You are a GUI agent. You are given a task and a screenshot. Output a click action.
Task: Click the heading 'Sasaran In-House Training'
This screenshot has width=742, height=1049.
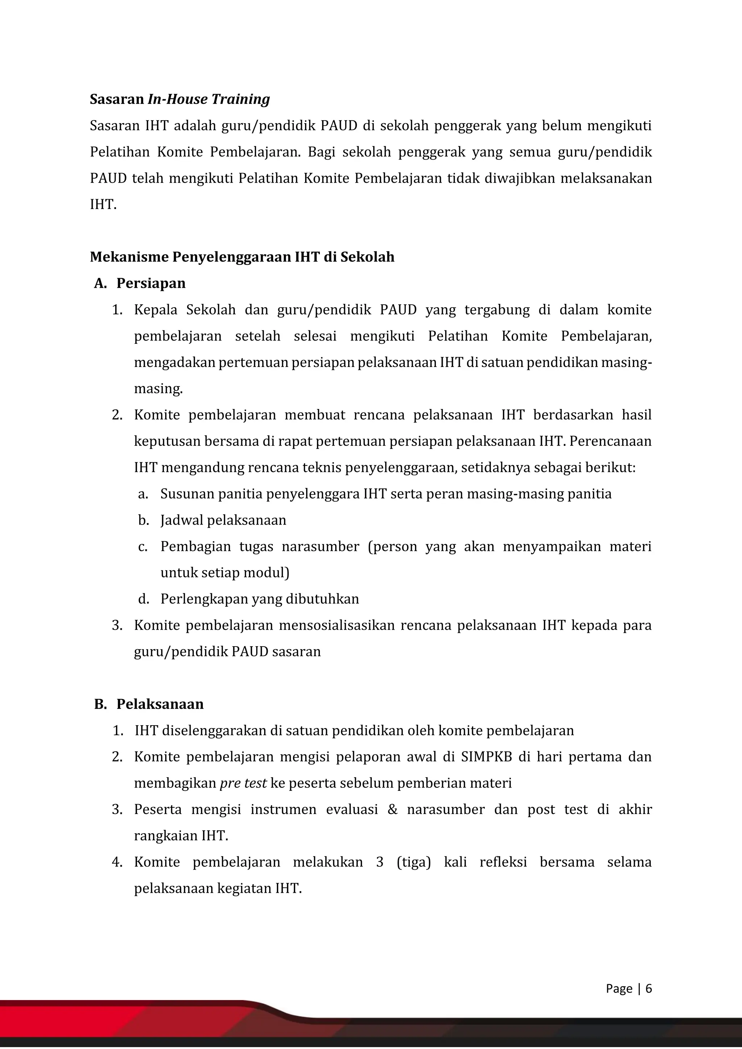[180, 99]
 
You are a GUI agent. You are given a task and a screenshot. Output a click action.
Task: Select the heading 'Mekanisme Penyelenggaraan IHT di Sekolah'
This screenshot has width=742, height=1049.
[242, 257]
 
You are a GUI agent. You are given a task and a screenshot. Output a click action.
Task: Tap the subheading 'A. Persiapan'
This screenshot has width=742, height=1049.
[140, 283]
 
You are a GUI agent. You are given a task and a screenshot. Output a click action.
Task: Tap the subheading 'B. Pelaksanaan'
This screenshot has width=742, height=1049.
[149, 704]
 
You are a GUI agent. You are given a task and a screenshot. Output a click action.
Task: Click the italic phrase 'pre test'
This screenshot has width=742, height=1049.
[243, 783]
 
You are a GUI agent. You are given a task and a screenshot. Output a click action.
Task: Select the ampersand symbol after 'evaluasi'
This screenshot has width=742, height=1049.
[392, 810]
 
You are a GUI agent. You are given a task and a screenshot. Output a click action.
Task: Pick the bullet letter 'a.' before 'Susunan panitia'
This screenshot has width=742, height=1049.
[143, 494]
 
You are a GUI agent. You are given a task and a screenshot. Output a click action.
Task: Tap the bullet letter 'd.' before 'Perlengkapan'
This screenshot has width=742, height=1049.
[143, 599]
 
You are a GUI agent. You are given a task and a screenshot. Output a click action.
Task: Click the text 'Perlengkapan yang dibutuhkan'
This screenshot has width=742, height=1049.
[259, 599]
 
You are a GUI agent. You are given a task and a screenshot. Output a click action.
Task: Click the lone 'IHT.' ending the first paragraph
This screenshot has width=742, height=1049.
[103, 205]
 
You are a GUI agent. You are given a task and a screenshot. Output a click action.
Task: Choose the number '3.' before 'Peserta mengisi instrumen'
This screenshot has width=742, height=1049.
[117, 810]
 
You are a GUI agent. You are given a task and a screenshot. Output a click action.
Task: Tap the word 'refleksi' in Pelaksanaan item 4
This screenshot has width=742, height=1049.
[503, 862]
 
